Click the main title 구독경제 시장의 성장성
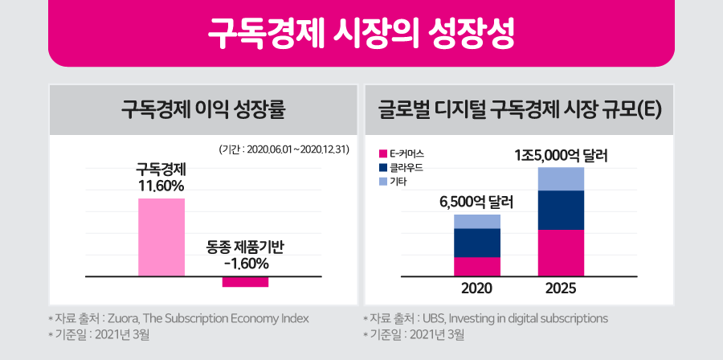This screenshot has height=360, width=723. pyautogui.click(x=361, y=33)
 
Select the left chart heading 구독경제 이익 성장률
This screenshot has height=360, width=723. pyautogui.click(x=203, y=109)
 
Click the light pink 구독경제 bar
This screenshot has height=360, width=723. pyautogui.click(x=161, y=237)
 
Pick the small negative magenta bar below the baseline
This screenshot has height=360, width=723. pyautogui.click(x=245, y=281)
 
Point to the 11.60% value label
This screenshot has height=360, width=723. pyautogui.click(x=161, y=186)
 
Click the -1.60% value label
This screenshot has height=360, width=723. pyautogui.click(x=246, y=263)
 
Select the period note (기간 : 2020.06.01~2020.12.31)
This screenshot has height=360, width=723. pyautogui.click(x=283, y=149)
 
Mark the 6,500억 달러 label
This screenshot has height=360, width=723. pyautogui.click(x=476, y=202)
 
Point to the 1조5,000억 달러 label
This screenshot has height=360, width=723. pyautogui.click(x=561, y=155)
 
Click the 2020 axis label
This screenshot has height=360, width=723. pyautogui.click(x=477, y=288)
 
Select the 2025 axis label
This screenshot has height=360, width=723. pyautogui.click(x=561, y=288)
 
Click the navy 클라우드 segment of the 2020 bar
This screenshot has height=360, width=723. pyautogui.click(x=477, y=243)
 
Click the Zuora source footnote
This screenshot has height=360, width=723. pyautogui.click(x=178, y=317)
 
